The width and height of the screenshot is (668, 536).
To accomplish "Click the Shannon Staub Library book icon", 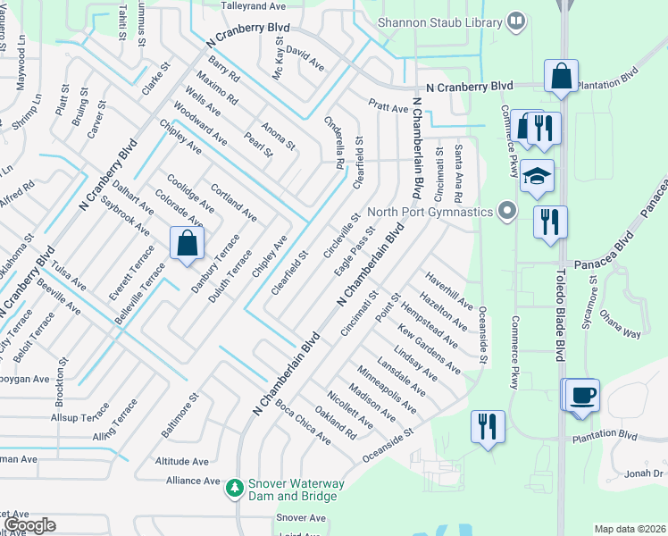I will coord(515,20).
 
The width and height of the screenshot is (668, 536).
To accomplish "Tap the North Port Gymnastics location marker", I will coord(507,212).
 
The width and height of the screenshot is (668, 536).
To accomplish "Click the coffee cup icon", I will coord(582,395).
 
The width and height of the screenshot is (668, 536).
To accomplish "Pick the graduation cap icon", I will coord(538,176).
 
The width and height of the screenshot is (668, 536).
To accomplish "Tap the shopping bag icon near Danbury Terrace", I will coord(187,243).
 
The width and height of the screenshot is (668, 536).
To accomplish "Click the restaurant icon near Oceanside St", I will coord(487,425).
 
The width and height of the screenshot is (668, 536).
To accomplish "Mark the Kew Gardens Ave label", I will coord(430,348).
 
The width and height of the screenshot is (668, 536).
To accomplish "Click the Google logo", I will coord(29,525).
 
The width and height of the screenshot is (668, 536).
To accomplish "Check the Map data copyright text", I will coord(630,529).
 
